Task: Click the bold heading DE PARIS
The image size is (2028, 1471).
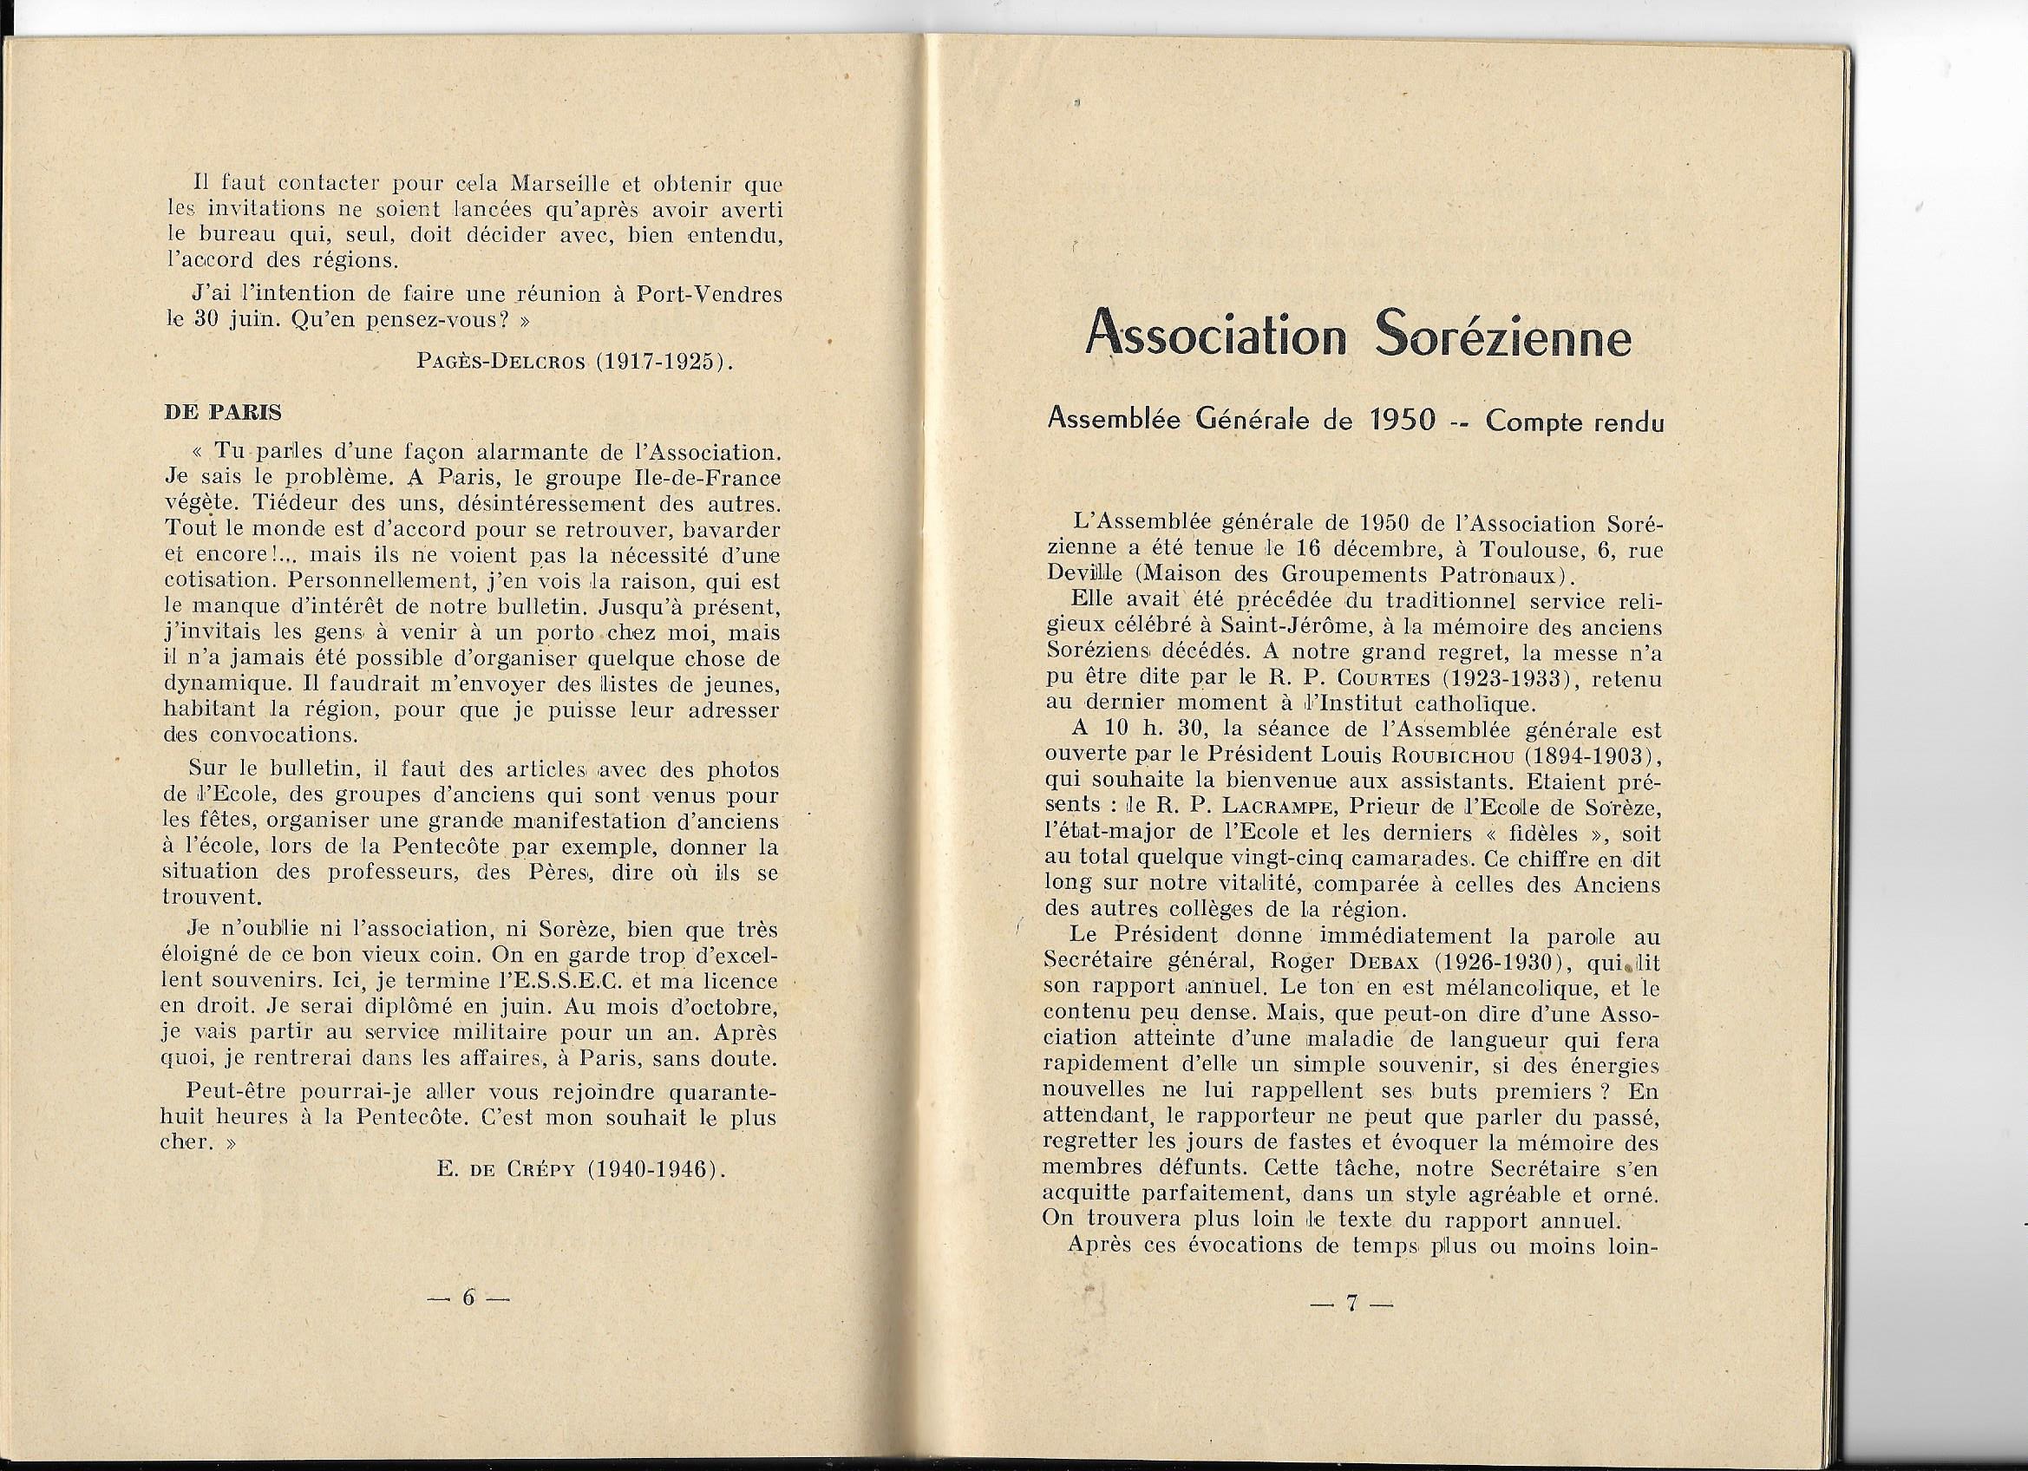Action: tap(223, 412)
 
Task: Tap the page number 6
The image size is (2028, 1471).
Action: tap(468, 1299)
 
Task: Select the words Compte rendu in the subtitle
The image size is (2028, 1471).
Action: tap(1574, 423)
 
